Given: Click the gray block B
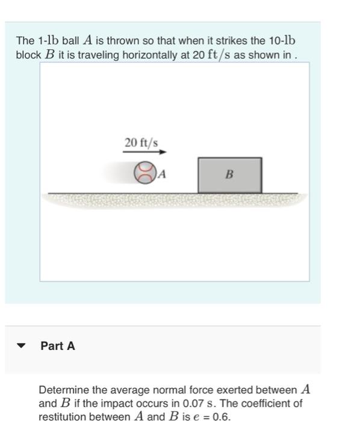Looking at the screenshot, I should (230, 175).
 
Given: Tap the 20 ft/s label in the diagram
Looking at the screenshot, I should (141, 143).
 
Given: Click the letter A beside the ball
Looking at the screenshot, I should (161, 174).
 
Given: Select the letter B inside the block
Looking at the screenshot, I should (229, 175).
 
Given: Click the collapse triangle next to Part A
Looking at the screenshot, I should (22, 346).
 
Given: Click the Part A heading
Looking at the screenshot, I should (58, 346).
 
